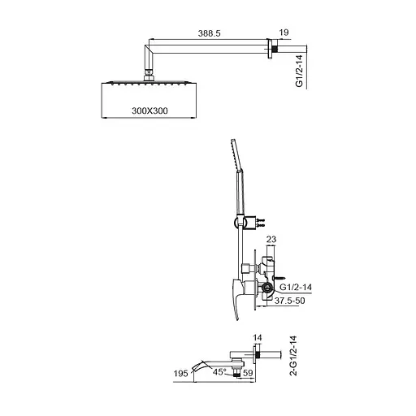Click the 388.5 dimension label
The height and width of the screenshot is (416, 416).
pyautogui.click(x=209, y=33)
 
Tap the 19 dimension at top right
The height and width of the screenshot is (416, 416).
pyautogui.click(x=284, y=32)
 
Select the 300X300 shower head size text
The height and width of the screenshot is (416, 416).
pyautogui.click(x=149, y=110)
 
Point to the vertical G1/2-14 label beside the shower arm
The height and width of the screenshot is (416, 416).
pyautogui.click(x=299, y=71)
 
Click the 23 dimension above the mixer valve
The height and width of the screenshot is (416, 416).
pyautogui.click(x=271, y=239)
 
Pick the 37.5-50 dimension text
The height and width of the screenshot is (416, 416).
pyautogui.click(x=289, y=301)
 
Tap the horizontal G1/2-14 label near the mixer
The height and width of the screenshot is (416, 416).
pyautogui.click(x=296, y=287)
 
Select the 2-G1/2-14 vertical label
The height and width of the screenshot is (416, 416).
pyautogui.click(x=293, y=356)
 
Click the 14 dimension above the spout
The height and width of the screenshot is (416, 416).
pyautogui.click(x=258, y=338)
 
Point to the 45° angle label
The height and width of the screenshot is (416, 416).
pyautogui.click(x=219, y=372)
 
